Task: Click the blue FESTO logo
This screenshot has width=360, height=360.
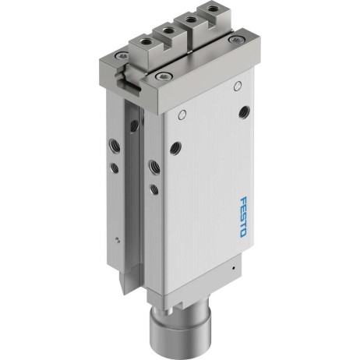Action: click(242, 217)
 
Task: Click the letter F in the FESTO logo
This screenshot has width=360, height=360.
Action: click(244, 200)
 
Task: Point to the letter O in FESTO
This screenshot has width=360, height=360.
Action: click(242, 234)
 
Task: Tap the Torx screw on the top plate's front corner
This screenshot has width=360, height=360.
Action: click(164, 76)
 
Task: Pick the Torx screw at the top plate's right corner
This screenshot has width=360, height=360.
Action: click(236, 40)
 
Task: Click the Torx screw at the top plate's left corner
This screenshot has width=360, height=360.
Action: click(122, 55)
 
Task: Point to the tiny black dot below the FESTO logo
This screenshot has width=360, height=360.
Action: click(233, 267)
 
